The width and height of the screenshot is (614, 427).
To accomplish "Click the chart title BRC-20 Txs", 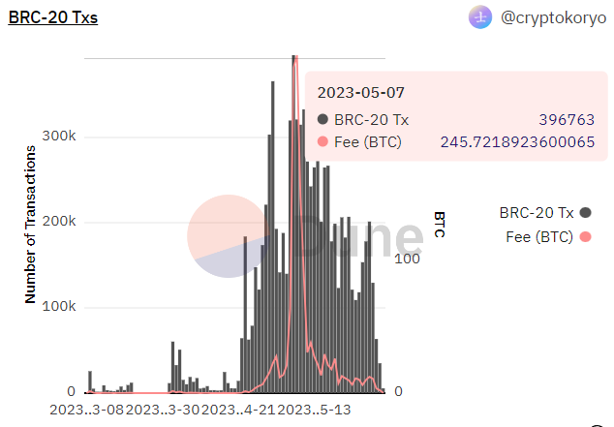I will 52,17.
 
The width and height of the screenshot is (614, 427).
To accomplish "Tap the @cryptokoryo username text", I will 551,17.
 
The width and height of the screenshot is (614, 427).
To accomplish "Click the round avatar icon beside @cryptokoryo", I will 481,17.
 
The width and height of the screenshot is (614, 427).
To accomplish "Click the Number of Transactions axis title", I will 30,224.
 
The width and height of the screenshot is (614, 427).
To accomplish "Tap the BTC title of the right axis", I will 439,224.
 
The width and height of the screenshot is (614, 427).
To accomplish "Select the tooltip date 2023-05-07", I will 360,92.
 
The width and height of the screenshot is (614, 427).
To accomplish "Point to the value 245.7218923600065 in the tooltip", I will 517,142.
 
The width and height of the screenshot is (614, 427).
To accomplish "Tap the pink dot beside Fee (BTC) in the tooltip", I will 323,142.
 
